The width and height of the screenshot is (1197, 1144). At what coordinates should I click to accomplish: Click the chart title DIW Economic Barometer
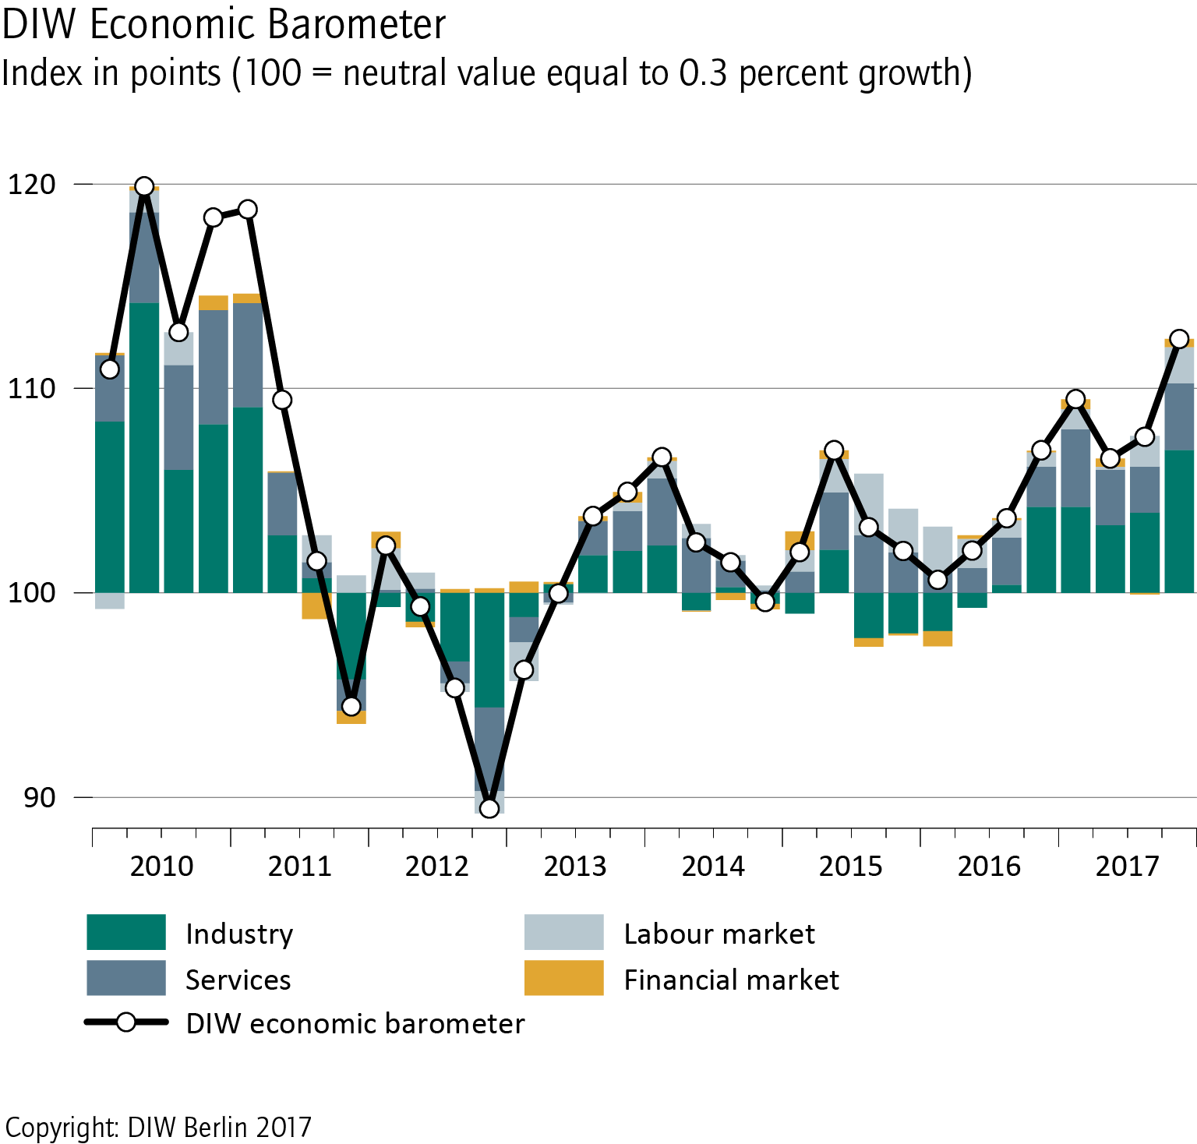click(x=224, y=24)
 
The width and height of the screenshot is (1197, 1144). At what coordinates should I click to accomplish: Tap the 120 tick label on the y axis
click(x=32, y=185)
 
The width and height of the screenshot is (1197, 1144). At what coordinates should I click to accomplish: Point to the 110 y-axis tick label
click(x=32, y=388)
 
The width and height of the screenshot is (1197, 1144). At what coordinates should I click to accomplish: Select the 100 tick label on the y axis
click(x=32, y=593)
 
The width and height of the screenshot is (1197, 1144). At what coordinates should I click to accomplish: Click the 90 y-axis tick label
click(x=40, y=797)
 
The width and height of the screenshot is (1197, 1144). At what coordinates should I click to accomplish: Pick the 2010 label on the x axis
click(x=161, y=866)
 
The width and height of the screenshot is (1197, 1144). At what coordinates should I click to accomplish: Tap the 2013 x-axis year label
click(x=575, y=866)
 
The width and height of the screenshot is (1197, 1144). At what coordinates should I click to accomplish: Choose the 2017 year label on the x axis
click(x=1127, y=866)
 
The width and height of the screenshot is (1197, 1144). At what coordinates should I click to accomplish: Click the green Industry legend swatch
click(x=126, y=932)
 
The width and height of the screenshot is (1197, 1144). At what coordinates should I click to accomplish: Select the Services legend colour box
click(x=126, y=978)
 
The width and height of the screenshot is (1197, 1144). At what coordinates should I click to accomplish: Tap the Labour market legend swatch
click(x=563, y=932)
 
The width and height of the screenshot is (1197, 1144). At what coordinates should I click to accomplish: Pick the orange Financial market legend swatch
click(x=563, y=978)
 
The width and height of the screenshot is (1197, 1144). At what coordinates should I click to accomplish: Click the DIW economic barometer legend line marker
click(x=126, y=1022)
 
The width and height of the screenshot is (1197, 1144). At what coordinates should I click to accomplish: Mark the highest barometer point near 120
click(x=144, y=186)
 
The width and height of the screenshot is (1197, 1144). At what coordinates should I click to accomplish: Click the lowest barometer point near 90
click(x=489, y=808)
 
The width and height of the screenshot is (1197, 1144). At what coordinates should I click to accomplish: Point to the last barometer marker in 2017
click(x=1179, y=339)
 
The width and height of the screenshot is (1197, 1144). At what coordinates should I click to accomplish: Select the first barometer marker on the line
click(x=110, y=369)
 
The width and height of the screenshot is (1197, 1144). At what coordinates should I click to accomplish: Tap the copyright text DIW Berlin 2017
click(x=158, y=1127)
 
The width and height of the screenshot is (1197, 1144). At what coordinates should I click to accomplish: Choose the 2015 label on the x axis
click(x=851, y=866)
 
